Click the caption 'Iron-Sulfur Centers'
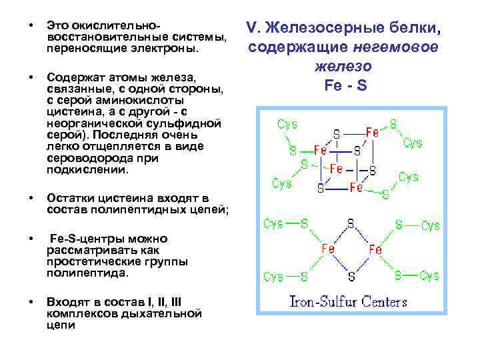347,301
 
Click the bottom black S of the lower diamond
350,275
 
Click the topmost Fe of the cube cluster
371,132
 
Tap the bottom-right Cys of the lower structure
429,275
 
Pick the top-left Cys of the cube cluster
287,125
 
